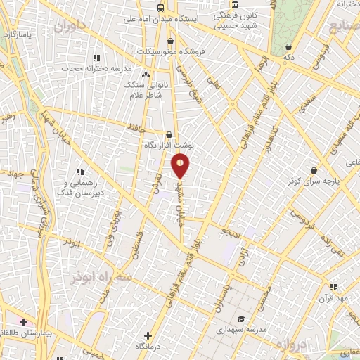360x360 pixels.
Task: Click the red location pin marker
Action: pos(180,165)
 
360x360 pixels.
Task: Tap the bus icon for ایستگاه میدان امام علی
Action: pos(161,8)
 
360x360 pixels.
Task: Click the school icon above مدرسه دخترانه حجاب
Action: pos(96,58)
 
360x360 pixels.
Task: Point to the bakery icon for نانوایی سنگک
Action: pos(146,75)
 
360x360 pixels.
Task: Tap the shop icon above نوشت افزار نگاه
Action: pos(168,134)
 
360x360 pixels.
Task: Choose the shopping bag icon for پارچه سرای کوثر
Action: pos(313,170)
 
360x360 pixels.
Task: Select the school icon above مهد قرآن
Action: pos(333,287)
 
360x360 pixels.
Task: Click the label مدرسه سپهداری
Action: pos(241,329)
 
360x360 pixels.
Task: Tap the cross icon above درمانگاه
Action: pos(148,335)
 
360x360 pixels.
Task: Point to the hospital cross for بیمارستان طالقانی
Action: pos(24,321)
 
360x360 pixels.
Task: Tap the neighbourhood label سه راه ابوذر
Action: pos(101,276)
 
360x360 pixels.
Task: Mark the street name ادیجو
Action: pos(231,229)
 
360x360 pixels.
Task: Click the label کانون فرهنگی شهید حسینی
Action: pos(235,19)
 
